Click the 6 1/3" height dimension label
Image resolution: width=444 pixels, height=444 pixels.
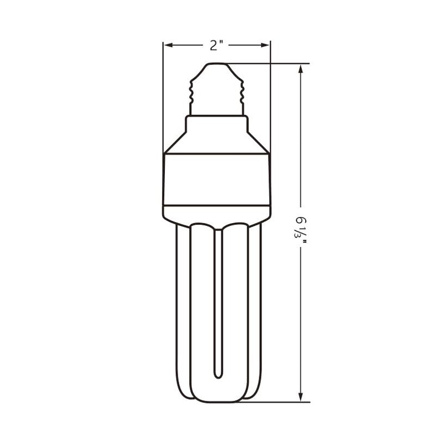pos(300,227)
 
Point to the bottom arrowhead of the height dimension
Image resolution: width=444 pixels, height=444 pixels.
pos(300,397)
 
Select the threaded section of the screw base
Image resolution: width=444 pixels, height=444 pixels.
pos(216,93)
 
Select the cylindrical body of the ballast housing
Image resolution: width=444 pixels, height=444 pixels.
pos(216,178)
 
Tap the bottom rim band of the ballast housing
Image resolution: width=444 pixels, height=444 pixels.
pos(216,212)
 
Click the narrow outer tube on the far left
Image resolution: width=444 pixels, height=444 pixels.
pos(182,311)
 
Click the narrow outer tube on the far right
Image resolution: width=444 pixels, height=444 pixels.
pos(254,311)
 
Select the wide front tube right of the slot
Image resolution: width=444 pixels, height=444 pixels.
pos(234,311)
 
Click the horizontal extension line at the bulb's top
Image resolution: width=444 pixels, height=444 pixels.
pos(266,63)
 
